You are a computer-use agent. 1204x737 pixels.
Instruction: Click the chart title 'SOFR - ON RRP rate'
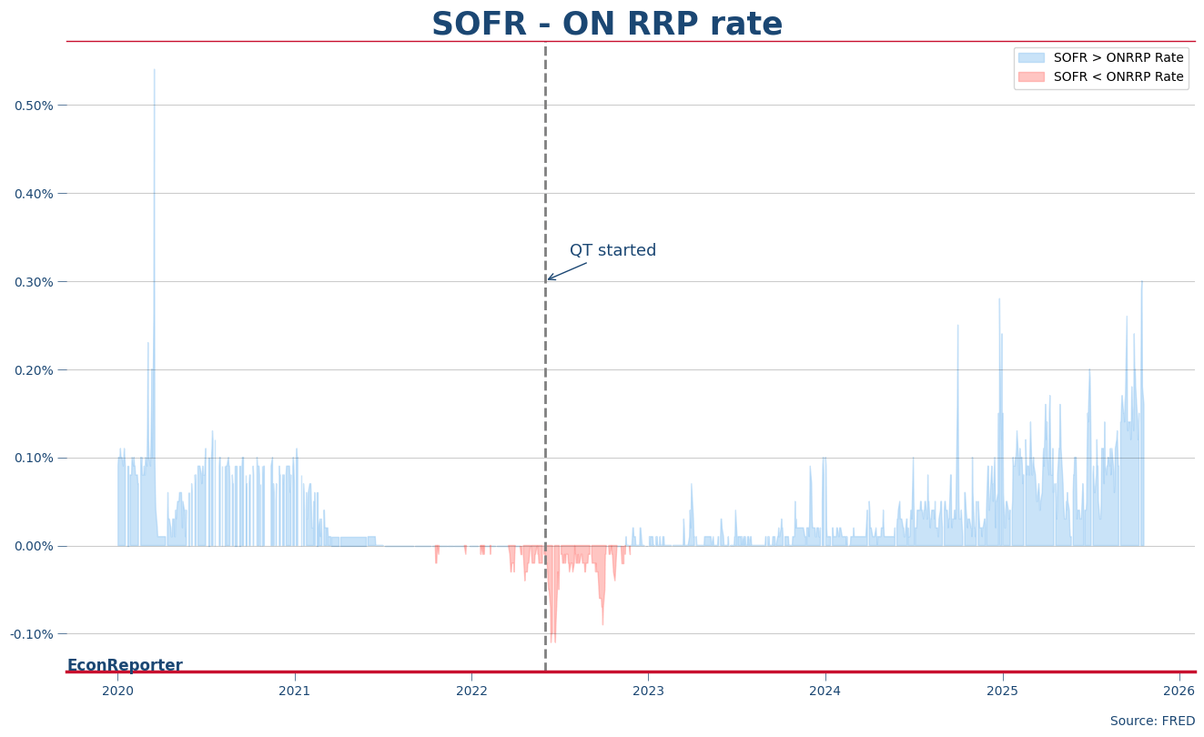606,25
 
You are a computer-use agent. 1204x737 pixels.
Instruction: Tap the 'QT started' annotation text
612,251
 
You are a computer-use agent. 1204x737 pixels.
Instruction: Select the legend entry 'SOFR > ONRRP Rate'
1118,58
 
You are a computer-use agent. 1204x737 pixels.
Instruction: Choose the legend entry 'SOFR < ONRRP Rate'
1118,77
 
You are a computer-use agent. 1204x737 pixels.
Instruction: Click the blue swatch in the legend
1031,58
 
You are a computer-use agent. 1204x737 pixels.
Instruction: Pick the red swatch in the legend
1031,77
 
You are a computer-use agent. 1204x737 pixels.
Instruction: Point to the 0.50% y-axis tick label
34,106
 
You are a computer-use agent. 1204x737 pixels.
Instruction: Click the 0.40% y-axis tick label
34,194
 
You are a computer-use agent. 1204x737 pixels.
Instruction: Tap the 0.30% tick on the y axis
34,282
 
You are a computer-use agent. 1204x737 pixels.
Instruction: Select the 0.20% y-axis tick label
34,370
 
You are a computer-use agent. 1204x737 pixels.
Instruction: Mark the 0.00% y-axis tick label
34,546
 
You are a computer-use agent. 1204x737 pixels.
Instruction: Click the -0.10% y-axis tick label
32,634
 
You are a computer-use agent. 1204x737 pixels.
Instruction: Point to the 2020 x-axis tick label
117,692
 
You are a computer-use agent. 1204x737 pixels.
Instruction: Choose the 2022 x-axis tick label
471,692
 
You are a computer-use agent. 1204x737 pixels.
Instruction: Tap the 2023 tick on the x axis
648,692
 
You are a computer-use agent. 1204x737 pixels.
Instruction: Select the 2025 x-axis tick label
1002,692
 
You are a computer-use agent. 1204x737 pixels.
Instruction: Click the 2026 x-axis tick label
1179,692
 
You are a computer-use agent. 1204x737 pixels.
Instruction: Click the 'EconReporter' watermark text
125,665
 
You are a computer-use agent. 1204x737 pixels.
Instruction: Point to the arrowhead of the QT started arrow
548,279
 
